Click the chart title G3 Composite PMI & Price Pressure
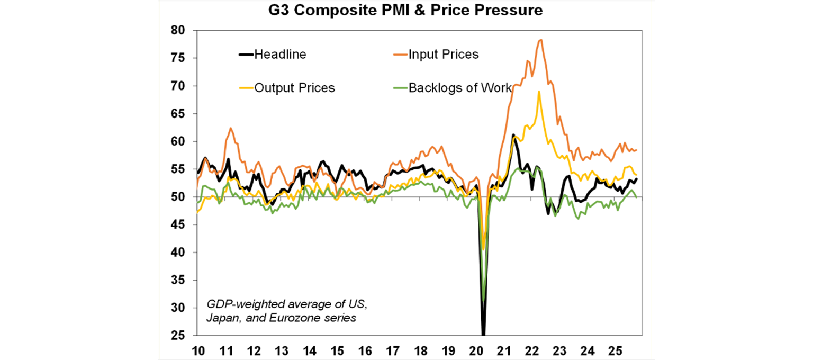coord(406,10)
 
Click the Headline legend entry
coord(280,55)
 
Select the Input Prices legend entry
coord(443,55)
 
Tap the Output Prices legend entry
coord(294,88)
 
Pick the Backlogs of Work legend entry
coord(459,88)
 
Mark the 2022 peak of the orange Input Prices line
coord(540,40)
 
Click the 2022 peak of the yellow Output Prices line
coord(539,92)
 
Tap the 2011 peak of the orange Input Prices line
coord(231,128)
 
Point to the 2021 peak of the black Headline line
coord(513,135)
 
